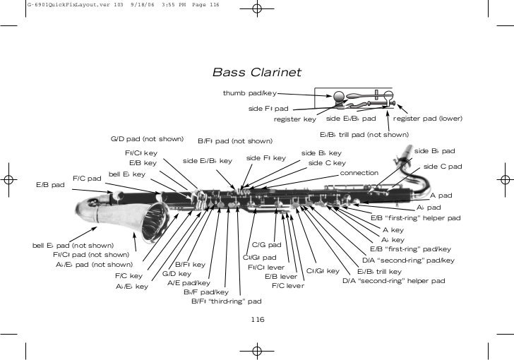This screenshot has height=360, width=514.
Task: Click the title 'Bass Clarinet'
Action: click(257, 73)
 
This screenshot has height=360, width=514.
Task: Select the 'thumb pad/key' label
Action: click(250, 93)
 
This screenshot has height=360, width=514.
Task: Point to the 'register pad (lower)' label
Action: click(427, 119)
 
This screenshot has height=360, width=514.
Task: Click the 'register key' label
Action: click(294, 119)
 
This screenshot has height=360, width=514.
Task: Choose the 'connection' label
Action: click(359, 173)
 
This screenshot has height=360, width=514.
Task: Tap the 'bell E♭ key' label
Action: click(126, 174)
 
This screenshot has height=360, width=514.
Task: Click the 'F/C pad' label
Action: click(88, 178)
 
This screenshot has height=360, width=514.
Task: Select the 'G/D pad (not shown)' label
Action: click(148, 138)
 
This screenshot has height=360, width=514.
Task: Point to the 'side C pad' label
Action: click(443, 167)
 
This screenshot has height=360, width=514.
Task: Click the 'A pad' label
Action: click(441, 196)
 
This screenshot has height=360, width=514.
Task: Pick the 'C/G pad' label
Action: click(267, 245)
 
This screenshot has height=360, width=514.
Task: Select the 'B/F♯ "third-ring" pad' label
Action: click(226, 301)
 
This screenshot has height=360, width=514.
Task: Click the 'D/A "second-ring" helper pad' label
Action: click(393, 280)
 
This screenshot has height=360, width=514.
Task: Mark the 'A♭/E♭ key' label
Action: click(131, 287)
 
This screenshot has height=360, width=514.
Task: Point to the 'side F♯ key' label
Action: click(265, 158)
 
